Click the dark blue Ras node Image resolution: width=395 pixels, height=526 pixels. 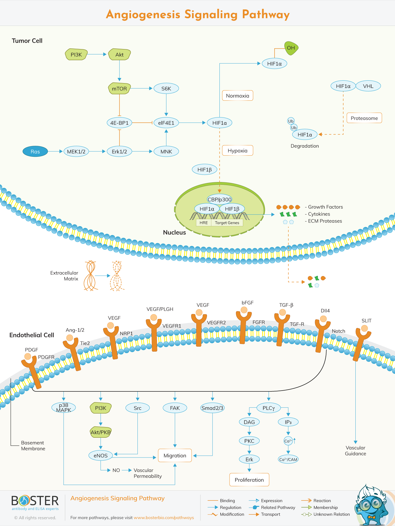coord(35,152)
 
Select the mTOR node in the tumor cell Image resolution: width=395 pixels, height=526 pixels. coord(119,89)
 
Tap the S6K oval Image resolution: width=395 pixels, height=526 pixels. coord(166,89)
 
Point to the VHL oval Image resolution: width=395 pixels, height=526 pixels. coord(368,86)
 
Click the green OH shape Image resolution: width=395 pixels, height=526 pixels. coord(291,48)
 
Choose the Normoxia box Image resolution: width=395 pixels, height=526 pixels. coord(237,96)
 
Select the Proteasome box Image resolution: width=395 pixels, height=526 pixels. coord(364,118)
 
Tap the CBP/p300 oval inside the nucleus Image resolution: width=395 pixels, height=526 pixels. coord(219,199)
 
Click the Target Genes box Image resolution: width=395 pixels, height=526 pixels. coord(227,223)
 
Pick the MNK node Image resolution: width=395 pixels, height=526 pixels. coord(166,152)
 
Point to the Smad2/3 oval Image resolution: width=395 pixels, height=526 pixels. coord(212,408)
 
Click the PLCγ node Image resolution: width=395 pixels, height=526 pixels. coord(269,408)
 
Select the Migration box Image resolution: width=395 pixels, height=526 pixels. coord(175,455)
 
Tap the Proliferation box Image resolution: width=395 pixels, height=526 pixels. coord(249,480)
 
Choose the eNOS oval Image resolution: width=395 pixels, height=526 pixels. coord(101,455)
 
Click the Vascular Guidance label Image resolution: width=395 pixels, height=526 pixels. coord(355,451)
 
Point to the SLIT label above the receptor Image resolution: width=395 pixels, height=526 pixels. coord(366,321)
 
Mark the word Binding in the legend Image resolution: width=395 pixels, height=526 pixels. coord(227,500)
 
